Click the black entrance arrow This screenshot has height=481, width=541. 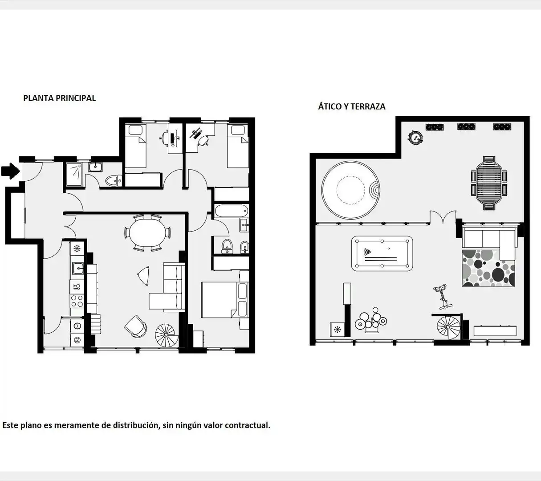pos(10,171)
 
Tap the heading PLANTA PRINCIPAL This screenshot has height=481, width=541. pos(60,98)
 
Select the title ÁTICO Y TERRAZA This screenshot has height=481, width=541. pos(352,106)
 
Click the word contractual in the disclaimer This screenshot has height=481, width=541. pos(248,425)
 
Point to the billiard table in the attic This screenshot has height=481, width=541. pos(382,253)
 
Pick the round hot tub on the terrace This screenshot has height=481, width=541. pos(351,190)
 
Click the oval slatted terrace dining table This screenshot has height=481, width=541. pos(489,183)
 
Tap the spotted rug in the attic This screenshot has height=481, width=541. pos(488,268)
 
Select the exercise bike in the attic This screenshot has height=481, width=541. pos(443,297)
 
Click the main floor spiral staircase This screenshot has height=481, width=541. pos(167,335)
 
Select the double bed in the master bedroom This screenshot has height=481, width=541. pos(224,300)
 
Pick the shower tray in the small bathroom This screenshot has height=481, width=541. pos(74,175)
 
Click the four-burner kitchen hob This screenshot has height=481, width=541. pos(77,301)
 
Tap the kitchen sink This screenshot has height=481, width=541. pos(78,268)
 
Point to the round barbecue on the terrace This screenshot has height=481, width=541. pos(415,138)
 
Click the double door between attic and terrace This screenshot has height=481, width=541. pos(443,217)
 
